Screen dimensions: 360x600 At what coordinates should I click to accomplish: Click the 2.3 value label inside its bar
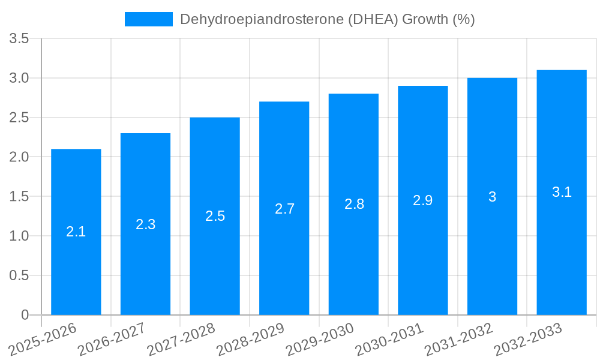pyautogui.click(x=145, y=224)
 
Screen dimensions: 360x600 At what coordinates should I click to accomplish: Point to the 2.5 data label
pyautogui.click(x=215, y=216)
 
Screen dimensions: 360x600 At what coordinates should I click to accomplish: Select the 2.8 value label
pyautogui.click(x=354, y=204)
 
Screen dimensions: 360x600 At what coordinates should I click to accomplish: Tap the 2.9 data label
pyautogui.click(x=423, y=200)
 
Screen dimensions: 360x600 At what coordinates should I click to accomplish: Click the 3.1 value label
pyautogui.click(x=562, y=192)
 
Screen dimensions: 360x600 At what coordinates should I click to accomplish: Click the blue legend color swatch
pyautogui.click(x=148, y=19)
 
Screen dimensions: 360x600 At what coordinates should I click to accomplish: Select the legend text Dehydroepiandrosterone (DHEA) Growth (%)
pyautogui.click(x=328, y=19)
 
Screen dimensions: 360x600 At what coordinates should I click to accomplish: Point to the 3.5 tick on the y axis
pyautogui.click(x=20, y=39)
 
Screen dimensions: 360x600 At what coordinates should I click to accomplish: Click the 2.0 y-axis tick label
pyautogui.click(x=20, y=157)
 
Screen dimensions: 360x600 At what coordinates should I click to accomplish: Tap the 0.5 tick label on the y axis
pyautogui.click(x=20, y=275)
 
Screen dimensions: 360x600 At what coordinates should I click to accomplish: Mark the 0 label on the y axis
pyautogui.click(x=25, y=315)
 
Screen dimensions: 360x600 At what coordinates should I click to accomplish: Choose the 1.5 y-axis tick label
pyautogui.click(x=20, y=197)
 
